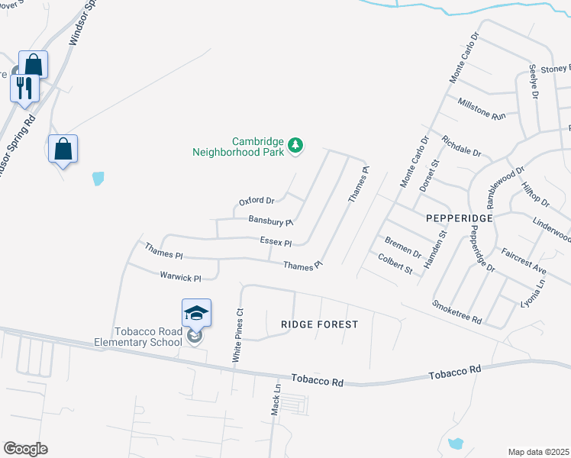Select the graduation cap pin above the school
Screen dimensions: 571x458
pos(196,313)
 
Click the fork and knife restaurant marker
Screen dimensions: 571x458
pos(24,88)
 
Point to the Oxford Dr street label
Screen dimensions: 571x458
pos(256,202)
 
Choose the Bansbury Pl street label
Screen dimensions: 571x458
pos(271,221)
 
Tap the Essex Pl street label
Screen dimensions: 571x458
pos(276,242)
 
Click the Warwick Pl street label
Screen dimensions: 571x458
pos(180,278)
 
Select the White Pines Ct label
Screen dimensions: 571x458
pos(237,335)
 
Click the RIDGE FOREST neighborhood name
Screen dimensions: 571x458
pos(319,324)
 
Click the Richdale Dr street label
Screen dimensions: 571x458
pos(461,146)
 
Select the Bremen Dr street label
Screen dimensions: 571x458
pos(403,247)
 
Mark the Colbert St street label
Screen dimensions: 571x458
pos(395,264)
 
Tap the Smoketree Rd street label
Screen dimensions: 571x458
pos(457,311)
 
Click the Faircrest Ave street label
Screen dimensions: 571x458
pos(524,260)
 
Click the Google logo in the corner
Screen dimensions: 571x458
pos(25,449)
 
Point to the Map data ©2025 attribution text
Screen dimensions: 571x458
pos(538,452)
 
